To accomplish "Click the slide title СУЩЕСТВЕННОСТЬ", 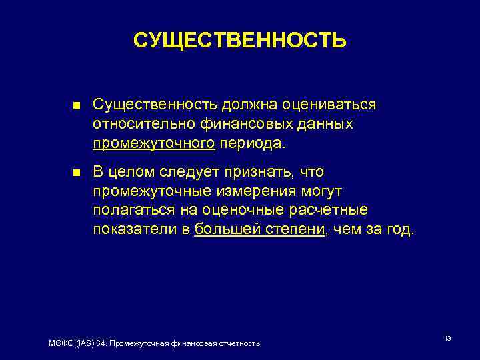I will click(239, 40).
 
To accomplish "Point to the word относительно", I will click(137, 125).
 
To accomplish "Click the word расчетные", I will click(333, 211).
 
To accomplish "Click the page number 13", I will click(447, 339).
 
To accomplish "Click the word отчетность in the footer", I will click(241, 343).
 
